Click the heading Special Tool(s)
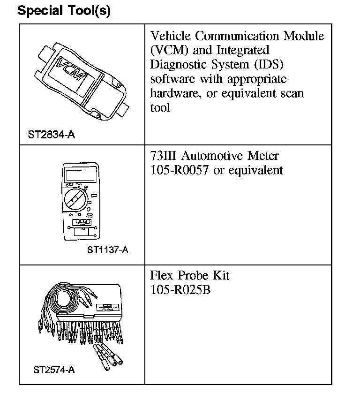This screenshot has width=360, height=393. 64,11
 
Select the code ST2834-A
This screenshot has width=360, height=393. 51,136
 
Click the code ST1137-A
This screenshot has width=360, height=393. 107,249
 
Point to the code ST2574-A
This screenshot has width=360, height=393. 54,370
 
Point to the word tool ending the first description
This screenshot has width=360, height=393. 160,107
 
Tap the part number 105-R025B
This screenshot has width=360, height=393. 180,290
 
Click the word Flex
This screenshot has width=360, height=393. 162,275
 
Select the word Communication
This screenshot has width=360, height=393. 241,36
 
